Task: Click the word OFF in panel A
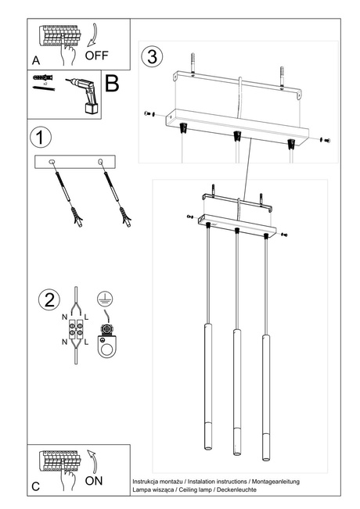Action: coord(97,56)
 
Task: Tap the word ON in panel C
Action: coord(93,481)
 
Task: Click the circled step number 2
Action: coord(49,299)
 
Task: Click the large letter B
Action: coord(112,84)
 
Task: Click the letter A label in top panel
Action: coord(35,60)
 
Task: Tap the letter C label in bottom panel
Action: coord(35,486)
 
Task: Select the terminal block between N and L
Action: coord(76,328)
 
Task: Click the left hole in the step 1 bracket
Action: coord(52,162)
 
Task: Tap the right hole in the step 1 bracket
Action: coord(100,162)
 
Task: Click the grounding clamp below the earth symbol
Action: coord(103,335)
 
